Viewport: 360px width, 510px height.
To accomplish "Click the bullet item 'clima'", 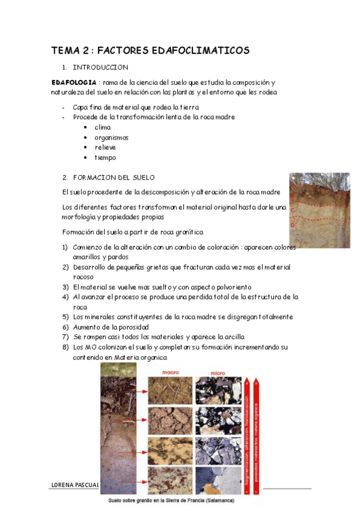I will (x=103, y=127).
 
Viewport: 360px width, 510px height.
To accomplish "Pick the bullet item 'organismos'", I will (x=112, y=138).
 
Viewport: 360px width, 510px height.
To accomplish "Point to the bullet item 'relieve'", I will (x=105, y=147).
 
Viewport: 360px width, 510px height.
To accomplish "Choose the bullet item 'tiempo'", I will (x=105, y=158).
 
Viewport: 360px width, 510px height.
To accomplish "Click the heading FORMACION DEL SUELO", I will (x=114, y=177).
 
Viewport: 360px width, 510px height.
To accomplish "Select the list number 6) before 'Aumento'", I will (x=66, y=327).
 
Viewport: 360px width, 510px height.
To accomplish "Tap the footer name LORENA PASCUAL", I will (x=74, y=484).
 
